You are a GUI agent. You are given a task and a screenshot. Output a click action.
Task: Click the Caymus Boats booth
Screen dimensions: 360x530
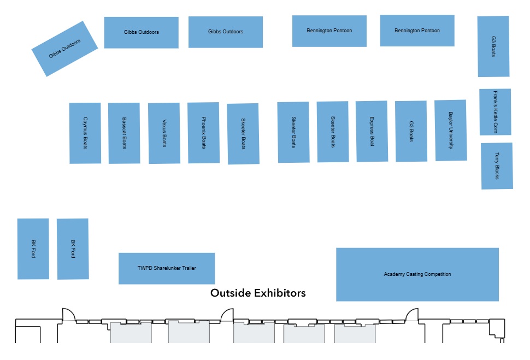(85, 133)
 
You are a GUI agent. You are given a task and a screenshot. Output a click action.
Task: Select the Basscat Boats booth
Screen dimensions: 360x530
(124, 133)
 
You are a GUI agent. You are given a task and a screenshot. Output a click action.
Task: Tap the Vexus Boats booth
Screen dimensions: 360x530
(164, 133)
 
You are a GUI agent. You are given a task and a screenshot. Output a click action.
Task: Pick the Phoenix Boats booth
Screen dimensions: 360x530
(203, 132)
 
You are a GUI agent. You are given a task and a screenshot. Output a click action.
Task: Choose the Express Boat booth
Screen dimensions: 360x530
(372, 131)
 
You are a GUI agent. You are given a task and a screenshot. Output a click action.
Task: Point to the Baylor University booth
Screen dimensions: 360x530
(451, 130)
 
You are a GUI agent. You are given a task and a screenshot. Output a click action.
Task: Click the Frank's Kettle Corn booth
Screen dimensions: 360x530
(495, 111)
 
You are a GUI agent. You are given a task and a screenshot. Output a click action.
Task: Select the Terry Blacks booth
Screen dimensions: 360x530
(497, 166)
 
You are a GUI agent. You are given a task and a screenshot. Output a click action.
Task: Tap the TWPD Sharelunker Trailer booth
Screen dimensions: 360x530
(167, 268)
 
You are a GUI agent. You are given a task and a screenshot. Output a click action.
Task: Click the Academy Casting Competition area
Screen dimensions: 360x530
(417, 274)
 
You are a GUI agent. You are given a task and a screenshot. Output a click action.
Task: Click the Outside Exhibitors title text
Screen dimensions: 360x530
(258, 293)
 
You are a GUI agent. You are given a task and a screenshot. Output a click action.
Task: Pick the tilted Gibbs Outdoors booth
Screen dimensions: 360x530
(64, 49)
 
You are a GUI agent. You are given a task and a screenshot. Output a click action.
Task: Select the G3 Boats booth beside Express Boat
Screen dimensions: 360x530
(411, 131)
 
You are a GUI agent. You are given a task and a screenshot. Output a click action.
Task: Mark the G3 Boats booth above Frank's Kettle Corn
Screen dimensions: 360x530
(493, 46)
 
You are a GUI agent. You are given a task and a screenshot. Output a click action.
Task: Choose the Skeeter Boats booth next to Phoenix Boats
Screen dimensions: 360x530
(243, 133)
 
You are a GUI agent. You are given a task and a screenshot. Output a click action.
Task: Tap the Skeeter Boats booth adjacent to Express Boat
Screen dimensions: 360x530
(333, 132)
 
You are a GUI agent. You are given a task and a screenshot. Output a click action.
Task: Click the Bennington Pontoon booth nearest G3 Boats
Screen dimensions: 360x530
(417, 31)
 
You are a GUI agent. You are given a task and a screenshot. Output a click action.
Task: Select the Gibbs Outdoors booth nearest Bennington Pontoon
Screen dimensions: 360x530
(226, 32)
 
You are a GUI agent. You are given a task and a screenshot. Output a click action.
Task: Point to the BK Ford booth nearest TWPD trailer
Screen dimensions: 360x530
(73, 249)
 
